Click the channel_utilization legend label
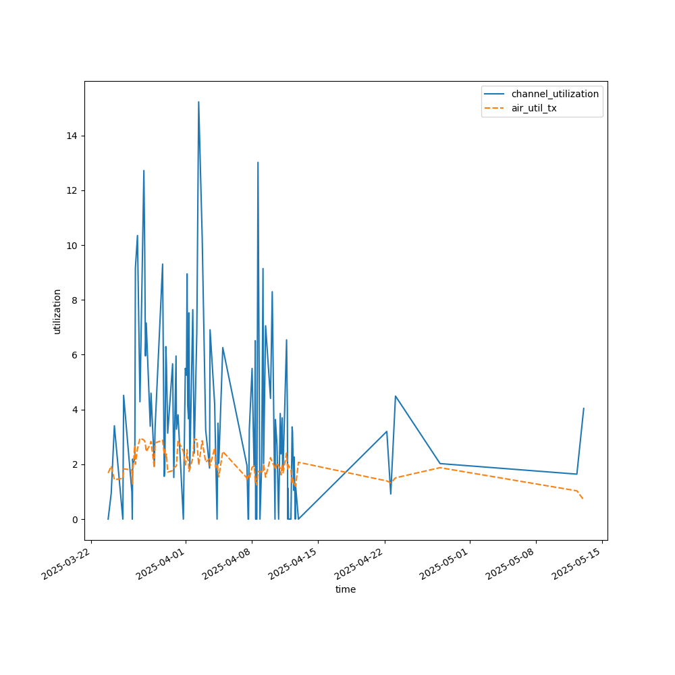tap(555, 94)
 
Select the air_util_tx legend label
tap(534, 108)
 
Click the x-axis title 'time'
tap(346, 589)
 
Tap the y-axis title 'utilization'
tap(57, 311)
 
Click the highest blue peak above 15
tap(198, 102)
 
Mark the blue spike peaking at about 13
tap(258, 162)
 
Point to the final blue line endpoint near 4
tap(583, 408)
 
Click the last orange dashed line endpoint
tap(583, 499)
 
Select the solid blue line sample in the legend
tap(496, 94)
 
